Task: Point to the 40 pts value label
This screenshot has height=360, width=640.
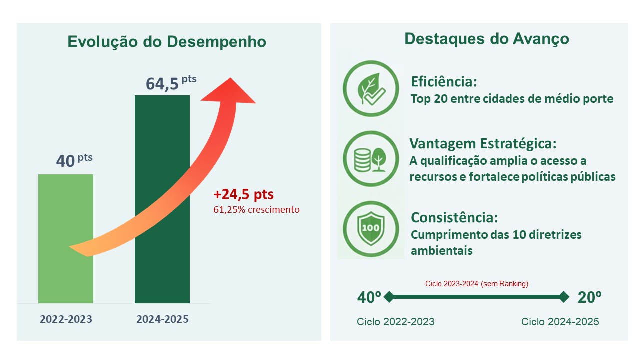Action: point(74,161)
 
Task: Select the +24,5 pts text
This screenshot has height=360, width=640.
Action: point(243,194)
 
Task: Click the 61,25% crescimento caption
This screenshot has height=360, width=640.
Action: point(256,210)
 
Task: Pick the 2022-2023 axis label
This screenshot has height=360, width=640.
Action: point(66,319)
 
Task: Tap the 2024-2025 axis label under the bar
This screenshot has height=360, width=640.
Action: point(162,319)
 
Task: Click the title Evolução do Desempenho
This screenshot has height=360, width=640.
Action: point(167,42)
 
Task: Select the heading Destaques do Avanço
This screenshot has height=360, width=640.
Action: point(486,39)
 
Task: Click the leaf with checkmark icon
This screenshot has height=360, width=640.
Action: point(371,89)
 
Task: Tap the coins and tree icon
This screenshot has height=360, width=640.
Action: point(371,159)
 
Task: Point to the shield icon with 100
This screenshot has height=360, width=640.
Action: point(371,228)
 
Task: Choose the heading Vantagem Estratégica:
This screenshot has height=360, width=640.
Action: point(483,144)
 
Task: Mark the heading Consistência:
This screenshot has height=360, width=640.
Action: point(454,218)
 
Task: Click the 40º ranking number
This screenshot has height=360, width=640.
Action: point(369,297)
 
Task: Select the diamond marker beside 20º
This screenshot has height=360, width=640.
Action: point(564,297)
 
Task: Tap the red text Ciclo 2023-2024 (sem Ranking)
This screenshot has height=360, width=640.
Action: point(476,284)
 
